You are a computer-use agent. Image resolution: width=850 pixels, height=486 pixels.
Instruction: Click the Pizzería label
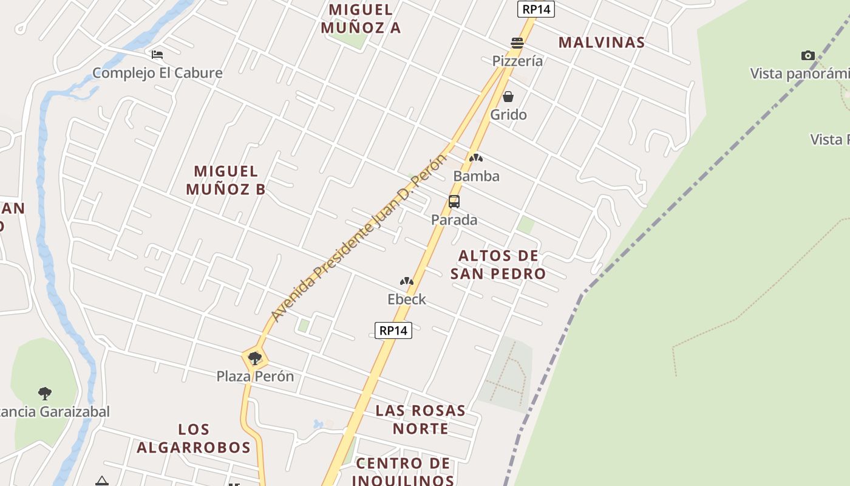coord(517,61)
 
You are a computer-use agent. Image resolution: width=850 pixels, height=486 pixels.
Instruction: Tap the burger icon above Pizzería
coord(517,43)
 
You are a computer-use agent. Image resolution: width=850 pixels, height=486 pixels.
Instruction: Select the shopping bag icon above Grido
coord(508,97)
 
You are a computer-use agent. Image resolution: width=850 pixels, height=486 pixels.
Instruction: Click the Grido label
coord(508,114)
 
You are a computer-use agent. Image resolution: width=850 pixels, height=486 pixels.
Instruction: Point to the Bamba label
coord(477,176)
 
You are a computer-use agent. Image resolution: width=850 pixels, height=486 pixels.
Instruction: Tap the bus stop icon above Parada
coord(454,202)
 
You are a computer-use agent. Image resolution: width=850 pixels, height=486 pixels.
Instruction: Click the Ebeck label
coord(407,299)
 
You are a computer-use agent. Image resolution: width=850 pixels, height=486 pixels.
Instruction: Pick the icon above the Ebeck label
coord(407,281)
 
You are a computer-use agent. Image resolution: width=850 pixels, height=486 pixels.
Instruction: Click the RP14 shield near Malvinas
coord(536,9)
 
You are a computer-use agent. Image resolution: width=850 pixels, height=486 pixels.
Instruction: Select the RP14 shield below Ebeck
coord(393,330)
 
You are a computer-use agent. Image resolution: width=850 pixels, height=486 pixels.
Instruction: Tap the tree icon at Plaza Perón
coord(255,358)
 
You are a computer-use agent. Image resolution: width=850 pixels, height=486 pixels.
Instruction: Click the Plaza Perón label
coord(255,376)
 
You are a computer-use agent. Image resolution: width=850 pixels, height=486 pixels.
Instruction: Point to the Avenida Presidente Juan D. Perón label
coord(358,238)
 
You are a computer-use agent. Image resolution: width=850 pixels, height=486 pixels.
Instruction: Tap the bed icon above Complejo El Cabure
coord(157,55)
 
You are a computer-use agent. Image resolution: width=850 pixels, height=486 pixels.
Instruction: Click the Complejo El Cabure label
coord(157,73)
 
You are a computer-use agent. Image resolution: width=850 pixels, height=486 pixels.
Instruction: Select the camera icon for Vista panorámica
coord(807,56)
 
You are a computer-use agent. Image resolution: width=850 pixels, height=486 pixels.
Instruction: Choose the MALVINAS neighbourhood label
coord(601,42)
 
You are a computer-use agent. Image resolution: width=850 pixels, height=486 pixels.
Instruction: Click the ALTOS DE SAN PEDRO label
coord(498,264)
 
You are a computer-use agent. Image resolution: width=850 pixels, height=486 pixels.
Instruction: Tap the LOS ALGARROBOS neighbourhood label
coord(194,439)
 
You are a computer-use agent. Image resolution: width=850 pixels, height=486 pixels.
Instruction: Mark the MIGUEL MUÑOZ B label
coord(226,180)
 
